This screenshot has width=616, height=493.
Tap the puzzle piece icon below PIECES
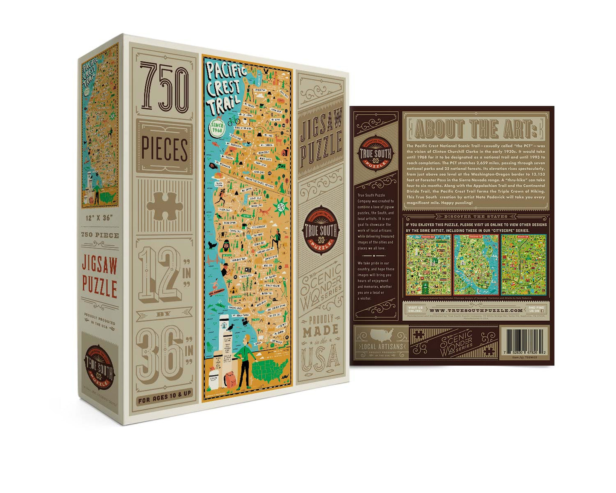coord(165,206)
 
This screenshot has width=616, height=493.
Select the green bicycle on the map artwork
coord(233,121)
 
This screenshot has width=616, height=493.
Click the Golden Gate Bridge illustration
coord(212,261)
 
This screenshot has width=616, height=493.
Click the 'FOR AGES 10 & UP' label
coord(165,394)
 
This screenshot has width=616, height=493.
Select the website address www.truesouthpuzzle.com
coord(476,310)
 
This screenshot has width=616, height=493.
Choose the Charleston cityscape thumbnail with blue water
coord(476,264)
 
